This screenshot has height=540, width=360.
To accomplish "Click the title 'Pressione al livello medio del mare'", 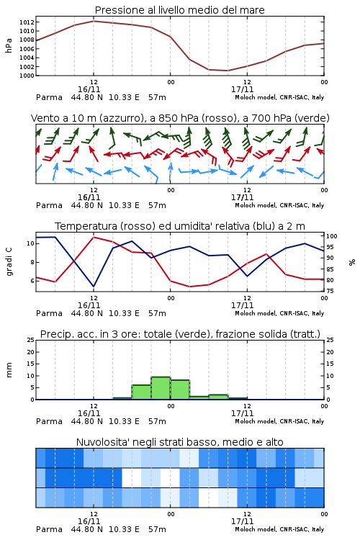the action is [x=179, y=10].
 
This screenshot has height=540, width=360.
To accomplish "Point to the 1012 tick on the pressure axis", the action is [x=27, y=22].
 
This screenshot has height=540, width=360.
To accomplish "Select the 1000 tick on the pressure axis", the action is [x=27, y=76].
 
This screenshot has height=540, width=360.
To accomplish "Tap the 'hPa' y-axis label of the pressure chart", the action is [x=9, y=45].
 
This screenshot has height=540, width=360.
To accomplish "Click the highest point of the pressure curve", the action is [x=94, y=21].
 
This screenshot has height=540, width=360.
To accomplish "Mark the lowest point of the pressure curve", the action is [x=228, y=71].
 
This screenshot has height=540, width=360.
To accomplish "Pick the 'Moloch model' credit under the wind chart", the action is [x=256, y=205].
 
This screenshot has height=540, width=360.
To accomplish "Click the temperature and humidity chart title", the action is [x=180, y=226].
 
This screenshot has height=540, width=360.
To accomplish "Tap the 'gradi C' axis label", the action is [x=9, y=261].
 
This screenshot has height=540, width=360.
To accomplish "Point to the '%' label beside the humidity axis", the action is [x=352, y=262].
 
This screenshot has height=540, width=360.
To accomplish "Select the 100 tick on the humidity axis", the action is [x=331, y=236].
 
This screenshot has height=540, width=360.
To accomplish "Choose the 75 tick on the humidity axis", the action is [x=330, y=291].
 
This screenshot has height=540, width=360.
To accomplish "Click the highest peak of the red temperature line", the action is [x=94, y=237].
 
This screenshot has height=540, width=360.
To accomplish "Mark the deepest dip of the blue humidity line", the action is [x=94, y=287].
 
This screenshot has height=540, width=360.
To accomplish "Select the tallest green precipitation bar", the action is [x=161, y=388].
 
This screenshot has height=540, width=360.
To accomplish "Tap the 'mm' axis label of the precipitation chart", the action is [x=9, y=370].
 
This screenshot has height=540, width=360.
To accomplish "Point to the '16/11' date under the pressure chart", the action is [x=89, y=89].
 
